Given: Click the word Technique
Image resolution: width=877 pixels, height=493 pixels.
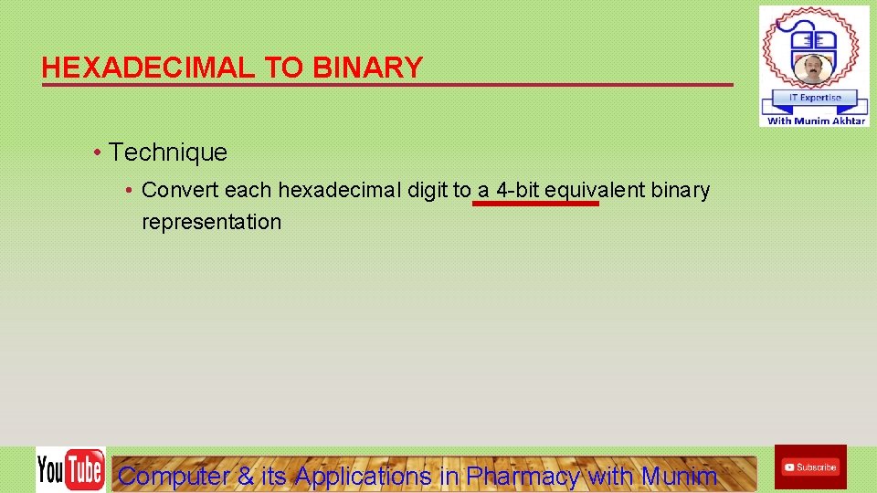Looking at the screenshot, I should (x=168, y=152).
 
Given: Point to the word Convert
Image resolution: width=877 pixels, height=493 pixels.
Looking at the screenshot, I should (x=180, y=190).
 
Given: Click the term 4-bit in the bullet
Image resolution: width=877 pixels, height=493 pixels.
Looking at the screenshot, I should (x=517, y=190).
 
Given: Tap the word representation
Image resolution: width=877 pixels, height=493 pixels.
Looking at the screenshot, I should (x=211, y=222).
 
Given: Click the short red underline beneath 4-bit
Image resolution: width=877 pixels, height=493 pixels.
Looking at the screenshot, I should (x=535, y=205).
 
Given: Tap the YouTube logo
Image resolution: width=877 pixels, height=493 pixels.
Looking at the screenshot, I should (x=70, y=469).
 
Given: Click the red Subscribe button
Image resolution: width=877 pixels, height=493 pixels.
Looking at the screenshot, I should (x=809, y=467).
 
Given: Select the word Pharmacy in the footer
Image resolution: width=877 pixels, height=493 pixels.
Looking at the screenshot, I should (x=523, y=476).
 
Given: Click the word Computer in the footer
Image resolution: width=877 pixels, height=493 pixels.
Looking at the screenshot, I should (x=174, y=476).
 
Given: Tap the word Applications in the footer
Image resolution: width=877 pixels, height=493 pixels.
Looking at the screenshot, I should (x=363, y=476).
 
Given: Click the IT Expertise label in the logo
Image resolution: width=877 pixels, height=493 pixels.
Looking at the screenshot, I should (x=814, y=98).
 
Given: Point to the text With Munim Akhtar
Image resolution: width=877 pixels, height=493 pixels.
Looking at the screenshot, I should (x=816, y=121).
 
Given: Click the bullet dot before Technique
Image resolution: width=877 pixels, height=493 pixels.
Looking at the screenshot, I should (x=96, y=152).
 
